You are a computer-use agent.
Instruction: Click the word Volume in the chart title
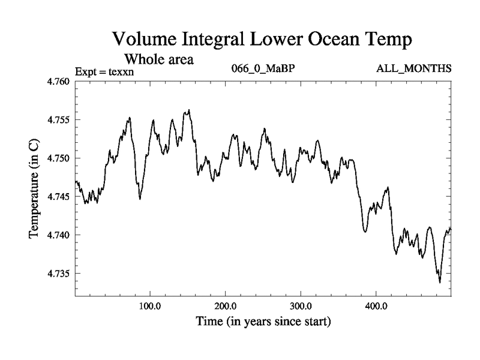[x=150, y=40]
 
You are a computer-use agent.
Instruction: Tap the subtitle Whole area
[x=158, y=59]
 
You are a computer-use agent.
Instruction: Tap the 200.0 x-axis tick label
[x=225, y=305]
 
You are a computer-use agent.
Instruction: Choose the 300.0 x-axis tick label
[x=301, y=305]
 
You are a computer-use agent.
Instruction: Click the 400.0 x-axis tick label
[x=376, y=305]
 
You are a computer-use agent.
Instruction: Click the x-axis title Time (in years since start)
[x=263, y=322]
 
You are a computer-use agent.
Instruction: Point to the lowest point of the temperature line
[x=440, y=282]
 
